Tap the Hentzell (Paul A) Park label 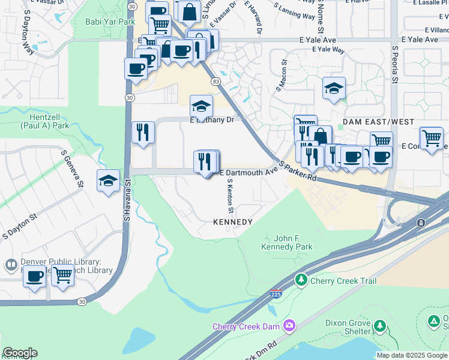45,122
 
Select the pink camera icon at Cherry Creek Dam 290,326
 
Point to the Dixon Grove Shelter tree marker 379,326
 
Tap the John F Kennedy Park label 287,242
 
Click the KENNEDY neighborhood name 233,222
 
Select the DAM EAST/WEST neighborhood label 378,122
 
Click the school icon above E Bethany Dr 201,106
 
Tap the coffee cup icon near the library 35,276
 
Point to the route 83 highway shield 214,81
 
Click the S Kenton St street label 229,196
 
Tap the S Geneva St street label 72,169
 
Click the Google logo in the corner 19,353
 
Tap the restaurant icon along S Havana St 143,132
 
